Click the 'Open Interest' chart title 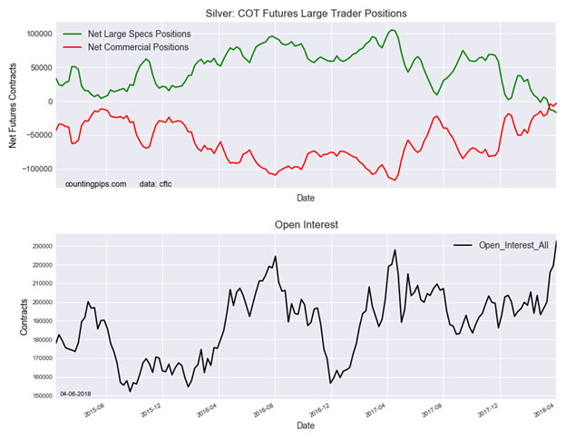pyautogui.click(x=306, y=225)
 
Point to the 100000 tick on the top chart pyautogui.click(x=36, y=34)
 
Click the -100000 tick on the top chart pyautogui.click(x=34, y=169)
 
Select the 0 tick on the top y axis pyautogui.click(x=48, y=102)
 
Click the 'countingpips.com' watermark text pyautogui.click(x=95, y=183)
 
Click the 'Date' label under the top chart pyautogui.click(x=306, y=197)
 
